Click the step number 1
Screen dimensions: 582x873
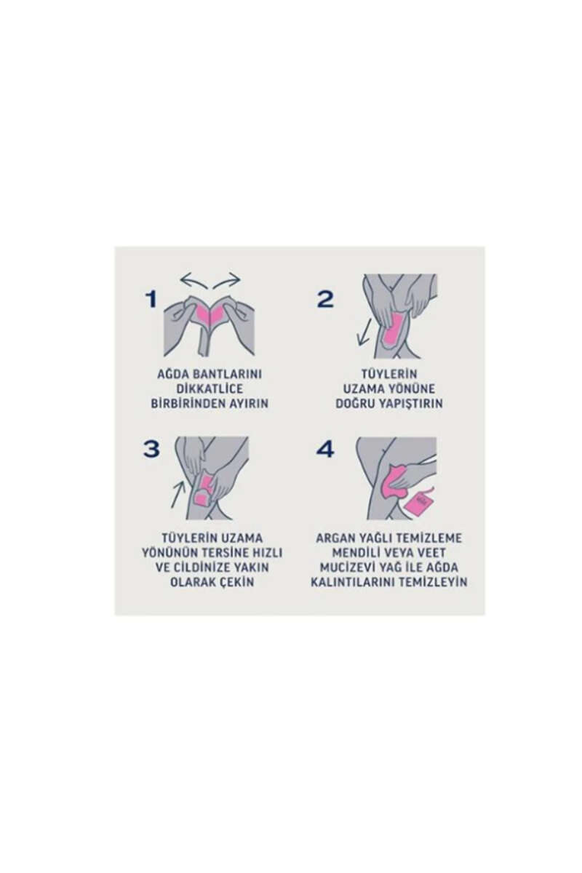click(x=151, y=299)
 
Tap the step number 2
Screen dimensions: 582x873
click(x=325, y=299)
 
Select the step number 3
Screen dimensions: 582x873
click(x=151, y=449)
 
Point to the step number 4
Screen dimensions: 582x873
click(x=325, y=449)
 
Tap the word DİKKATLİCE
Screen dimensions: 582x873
click(x=210, y=388)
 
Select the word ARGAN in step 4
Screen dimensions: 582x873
click(x=334, y=538)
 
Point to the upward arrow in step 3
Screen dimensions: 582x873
click(x=178, y=494)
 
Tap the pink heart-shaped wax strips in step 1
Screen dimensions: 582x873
click(x=210, y=314)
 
